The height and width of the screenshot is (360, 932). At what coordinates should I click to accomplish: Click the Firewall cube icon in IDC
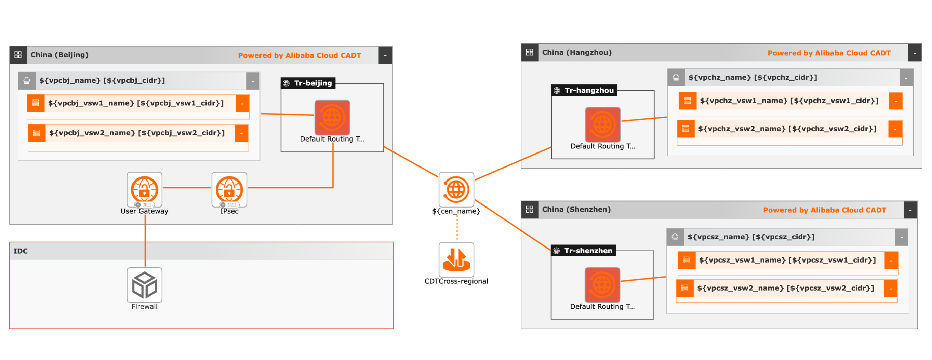[x=144, y=285]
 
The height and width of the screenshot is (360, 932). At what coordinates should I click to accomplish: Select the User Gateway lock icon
[x=144, y=189]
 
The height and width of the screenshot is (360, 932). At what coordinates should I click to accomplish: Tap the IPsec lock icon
[x=229, y=189]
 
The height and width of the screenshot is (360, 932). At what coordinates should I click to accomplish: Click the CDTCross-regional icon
[x=456, y=259]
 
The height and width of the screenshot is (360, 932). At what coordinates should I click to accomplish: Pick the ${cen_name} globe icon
[x=456, y=189]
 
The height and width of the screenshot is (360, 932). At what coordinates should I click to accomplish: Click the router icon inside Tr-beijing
[x=332, y=118]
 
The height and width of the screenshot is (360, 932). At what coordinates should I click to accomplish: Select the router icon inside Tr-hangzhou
[x=603, y=124]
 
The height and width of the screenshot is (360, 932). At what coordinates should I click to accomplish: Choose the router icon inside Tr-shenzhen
[x=602, y=285]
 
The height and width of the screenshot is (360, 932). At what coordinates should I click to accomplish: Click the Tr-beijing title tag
[x=309, y=83]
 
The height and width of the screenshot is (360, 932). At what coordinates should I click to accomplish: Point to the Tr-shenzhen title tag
[x=584, y=251]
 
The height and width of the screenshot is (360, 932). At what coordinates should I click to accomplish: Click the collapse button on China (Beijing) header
[x=385, y=55]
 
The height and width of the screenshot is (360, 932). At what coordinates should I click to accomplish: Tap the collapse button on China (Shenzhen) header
[x=910, y=210]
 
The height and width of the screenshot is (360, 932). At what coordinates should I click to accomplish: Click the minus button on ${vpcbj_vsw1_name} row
[x=242, y=104]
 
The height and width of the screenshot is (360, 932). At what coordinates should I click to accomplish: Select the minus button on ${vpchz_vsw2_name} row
[x=895, y=129]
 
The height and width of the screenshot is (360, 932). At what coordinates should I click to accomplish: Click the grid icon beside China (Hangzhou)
[x=530, y=52]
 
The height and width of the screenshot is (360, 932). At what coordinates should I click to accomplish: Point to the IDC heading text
[x=20, y=251]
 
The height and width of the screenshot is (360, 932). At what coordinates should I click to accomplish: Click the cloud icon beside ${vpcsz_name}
[x=675, y=237]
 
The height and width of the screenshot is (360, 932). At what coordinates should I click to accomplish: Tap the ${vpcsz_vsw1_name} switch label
[x=787, y=260]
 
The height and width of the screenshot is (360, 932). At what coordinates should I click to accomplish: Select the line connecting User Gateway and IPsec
[x=187, y=188]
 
